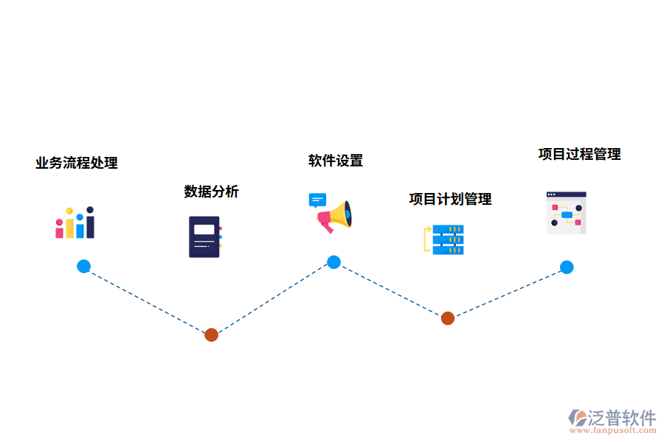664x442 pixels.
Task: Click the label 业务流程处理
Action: (x=77, y=163)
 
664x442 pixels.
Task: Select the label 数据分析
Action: (x=211, y=192)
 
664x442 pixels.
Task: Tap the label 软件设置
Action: (x=336, y=161)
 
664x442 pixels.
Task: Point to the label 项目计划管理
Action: (x=450, y=199)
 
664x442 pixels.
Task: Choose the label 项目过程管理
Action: (x=579, y=154)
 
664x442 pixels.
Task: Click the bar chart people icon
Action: (x=75, y=222)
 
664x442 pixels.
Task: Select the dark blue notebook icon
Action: (x=205, y=236)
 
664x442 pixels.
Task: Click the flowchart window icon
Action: (x=566, y=213)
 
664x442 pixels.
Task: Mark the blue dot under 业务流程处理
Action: (x=83, y=266)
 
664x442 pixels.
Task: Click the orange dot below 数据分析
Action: (x=211, y=334)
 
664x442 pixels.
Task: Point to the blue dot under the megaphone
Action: (x=333, y=262)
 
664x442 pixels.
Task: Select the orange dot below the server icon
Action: (x=448, y=318)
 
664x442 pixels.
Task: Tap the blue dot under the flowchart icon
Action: (x=567, y=267)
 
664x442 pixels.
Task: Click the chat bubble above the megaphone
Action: (x=317, y=200)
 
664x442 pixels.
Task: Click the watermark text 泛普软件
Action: (x=622, y=418)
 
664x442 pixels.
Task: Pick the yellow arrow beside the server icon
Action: (x=426, y=240)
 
